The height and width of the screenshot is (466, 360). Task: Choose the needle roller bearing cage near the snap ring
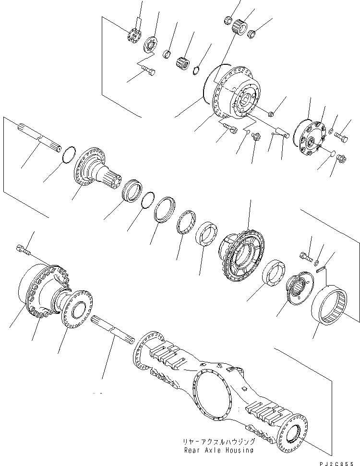(185, 62)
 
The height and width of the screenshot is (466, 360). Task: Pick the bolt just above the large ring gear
(306, 256)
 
